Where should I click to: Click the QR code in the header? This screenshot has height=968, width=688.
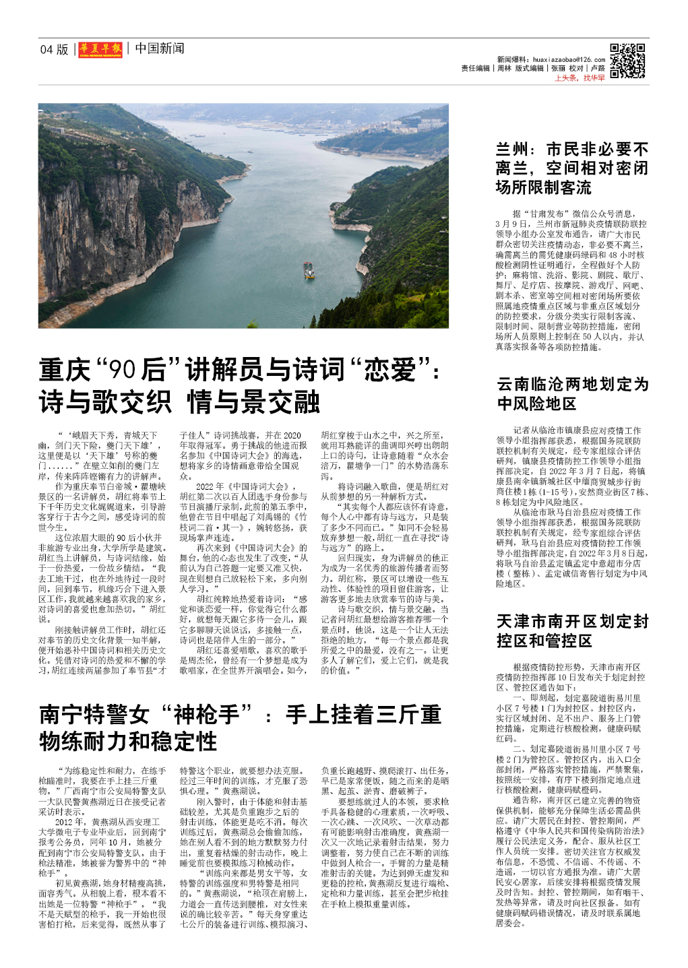(627, 61)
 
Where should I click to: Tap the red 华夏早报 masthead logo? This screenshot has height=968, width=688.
(100, 49)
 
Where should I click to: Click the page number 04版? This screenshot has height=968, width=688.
(54, 49)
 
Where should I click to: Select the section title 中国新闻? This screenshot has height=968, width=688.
(159, 49)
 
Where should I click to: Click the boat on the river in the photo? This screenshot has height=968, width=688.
(309, 270)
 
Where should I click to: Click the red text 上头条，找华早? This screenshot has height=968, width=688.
(580, 78)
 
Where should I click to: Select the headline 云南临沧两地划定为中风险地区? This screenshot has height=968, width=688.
(572, 393)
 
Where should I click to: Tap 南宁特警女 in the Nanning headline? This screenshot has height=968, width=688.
(94, 715)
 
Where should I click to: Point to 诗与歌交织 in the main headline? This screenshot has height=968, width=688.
(105, 402)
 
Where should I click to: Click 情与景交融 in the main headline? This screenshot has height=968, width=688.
(253, 402)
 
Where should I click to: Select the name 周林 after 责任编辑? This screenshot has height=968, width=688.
(504, 68)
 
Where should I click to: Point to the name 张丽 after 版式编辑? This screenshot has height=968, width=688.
(558, 68)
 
